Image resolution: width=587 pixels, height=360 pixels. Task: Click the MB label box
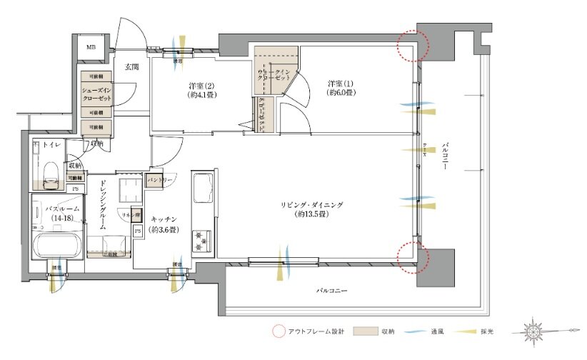(x=91, y=47)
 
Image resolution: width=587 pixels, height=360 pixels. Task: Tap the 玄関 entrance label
(x=131, y=67)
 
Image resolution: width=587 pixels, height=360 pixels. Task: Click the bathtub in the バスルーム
(x=56, y=246)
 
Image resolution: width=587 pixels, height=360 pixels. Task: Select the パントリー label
(x=159, y=181)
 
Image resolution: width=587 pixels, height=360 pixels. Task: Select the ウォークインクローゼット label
(x=272, y=76)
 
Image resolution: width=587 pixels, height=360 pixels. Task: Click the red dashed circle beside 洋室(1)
(x=414, y=46)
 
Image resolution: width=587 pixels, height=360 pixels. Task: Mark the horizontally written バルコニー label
(x=333, y=291)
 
